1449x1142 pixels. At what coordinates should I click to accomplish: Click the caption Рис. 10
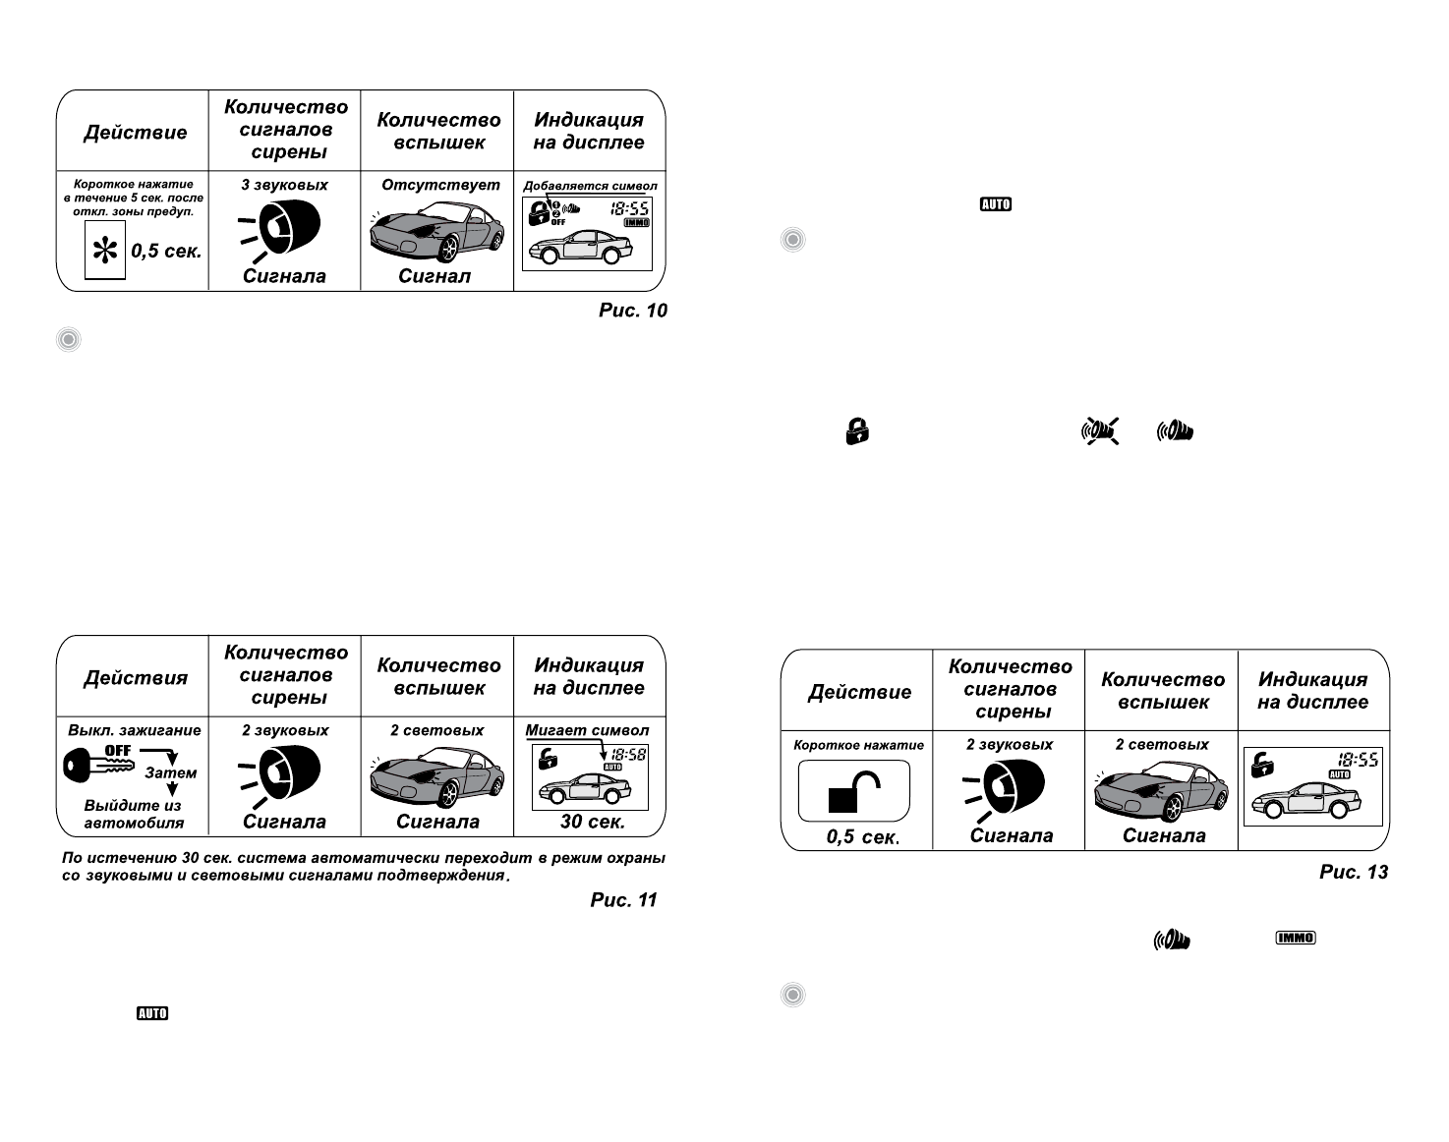coord(632,311)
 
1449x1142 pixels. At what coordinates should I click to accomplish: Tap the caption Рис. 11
coord(623,900)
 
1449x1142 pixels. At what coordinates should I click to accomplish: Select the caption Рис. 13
coord(1354,872)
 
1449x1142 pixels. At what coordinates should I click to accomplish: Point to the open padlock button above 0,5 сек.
coord(853,790)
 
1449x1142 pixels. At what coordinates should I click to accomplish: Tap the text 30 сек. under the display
coord(592,822)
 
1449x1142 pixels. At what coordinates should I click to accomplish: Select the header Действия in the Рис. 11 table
coord(135,678)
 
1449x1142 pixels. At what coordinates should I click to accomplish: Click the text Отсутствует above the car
coord(439,185)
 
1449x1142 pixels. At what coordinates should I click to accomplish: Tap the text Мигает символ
coord(587,730)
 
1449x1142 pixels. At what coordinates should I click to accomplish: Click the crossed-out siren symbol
coord(1101,430)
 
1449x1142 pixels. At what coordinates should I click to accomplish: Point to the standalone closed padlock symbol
coord(857,430)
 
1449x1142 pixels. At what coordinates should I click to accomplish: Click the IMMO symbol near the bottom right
coord(1296,938)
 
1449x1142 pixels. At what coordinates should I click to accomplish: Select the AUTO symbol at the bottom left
coord(152,1013)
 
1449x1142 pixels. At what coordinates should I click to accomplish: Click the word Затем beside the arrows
coord(170,773)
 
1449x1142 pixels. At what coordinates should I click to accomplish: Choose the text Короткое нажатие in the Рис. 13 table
coord(858,745)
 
